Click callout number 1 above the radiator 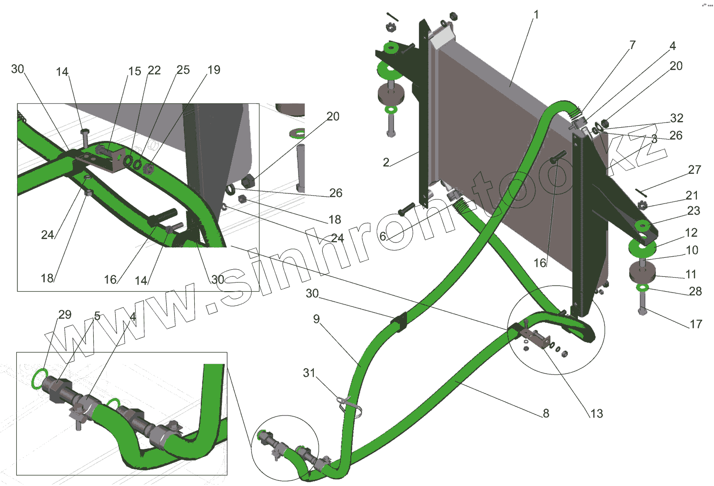pyautogui.click(x=536, y=15)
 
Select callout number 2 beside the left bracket pyautogui.click(x=386, y=162)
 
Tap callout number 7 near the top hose pyautogui.click(x=632, y=45)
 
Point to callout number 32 pyautogui.click(x=676, y=118)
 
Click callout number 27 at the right pyautogui.click(x=694, y=170)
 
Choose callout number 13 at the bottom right pyautogui.click(x=596, y=414)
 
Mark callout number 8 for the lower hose pyautogui.click(x=546, y=413)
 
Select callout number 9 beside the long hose pyautogui.click(x=317, y=319)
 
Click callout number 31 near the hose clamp pyautogui.click(x=309, y=373)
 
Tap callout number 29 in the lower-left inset pyautogui.click(x=65, y=314)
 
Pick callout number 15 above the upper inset pyautogui.click(x=135, y=71)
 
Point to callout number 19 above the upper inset pyautogui.click(x=214, y=70)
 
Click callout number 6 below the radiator pyautogui.click(x=383, y=236)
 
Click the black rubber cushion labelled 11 pyautogui.click(x=642, y=273)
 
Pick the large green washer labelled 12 pyautogui.click(x=642, y=247)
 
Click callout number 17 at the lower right pyautogui.click(x=695, y=324)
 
